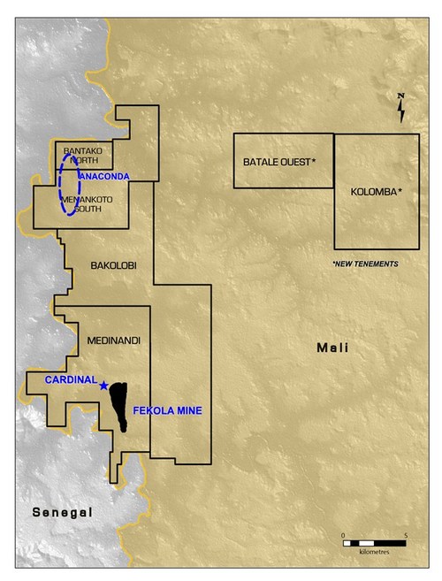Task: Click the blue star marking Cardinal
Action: coord(104,385)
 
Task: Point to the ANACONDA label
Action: coord(104,177)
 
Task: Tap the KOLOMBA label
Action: coord(377,192)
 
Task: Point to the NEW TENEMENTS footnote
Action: coord(364,264)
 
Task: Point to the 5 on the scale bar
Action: coord(404,534)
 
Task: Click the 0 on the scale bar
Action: coord(342,534)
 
